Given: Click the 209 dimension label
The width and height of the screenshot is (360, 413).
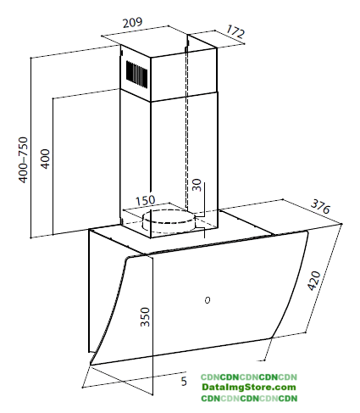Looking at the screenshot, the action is click(132, 22).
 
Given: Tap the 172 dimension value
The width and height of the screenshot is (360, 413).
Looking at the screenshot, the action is click(235, 31).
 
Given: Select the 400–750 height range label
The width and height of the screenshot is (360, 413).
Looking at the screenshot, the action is click(23, 159).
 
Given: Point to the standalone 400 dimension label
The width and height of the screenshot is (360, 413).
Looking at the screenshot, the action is click(45, 159).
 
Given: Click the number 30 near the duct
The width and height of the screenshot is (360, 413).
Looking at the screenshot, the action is click(197, 185).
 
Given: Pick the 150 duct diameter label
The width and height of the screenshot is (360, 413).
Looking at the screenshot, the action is click(146, 200).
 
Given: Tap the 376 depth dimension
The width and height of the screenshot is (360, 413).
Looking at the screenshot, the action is click(320, 206).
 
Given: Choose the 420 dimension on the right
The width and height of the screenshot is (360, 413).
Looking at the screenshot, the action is click(314, 281).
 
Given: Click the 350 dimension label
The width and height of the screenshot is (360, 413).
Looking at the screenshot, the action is click(145, 317).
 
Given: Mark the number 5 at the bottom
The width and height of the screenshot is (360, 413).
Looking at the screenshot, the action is click(184, 382).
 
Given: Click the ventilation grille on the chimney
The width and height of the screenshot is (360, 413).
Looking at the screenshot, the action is click(136, 73).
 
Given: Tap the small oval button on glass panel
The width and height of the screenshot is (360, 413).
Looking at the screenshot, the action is click(208, 300).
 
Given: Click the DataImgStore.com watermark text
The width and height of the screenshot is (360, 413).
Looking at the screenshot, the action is click(249, 387).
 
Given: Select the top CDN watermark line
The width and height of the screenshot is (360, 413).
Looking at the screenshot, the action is click(249, 377).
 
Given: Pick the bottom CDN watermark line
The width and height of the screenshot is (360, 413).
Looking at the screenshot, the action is click(249, 399).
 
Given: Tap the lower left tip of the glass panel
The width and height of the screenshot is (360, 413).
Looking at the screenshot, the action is click(91, 365).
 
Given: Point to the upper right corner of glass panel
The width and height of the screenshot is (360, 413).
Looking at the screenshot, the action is click(307, 232).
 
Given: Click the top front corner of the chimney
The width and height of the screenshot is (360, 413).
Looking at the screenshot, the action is click(151, 59).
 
